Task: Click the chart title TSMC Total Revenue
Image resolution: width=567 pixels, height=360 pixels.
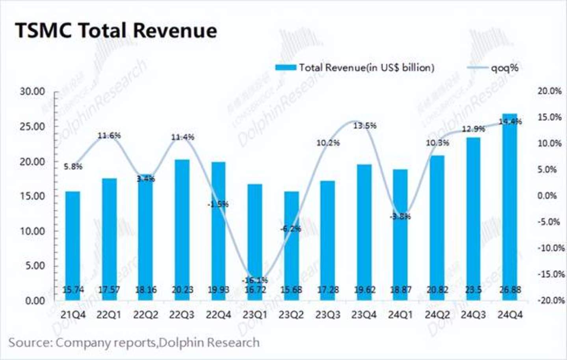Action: [116, 31]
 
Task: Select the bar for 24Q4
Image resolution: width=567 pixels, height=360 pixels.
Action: [510, 205]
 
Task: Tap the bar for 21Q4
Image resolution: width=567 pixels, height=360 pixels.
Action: [73, 244]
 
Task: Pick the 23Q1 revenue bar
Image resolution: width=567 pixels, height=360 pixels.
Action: [255, 237]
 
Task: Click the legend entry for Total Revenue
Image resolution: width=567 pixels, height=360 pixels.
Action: [355, 68]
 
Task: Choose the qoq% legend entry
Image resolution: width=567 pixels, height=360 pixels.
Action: [493, 68]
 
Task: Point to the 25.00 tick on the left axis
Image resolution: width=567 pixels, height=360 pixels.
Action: [32, 127]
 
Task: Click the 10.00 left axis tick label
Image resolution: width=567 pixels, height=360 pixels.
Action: [32, 231]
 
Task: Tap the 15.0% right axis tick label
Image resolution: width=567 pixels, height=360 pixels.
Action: [549, 118]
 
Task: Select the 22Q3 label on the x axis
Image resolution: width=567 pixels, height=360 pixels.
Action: [182, 315]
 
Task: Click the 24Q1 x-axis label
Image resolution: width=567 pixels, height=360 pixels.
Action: [400, 315]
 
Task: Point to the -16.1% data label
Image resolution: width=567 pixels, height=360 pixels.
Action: [255, 280]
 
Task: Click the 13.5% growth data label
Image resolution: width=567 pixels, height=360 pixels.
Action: [364, 126]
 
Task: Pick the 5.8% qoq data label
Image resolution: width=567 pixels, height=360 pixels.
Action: [73, 167]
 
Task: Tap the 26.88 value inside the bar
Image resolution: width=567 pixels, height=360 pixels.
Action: [510, 290]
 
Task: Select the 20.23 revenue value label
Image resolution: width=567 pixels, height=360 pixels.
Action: [182, 290]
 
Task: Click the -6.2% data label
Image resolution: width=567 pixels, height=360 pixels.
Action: [291, 229]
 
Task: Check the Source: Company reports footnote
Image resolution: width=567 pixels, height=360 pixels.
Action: [134, 342]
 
